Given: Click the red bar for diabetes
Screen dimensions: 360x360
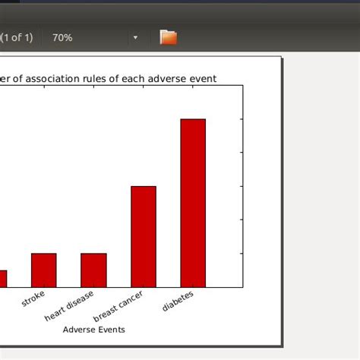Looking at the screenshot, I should [x=193, y=203].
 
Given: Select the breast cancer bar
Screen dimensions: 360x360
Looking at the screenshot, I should [x=144, y=236].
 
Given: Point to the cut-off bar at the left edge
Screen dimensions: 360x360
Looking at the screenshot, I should [x=3, y=279].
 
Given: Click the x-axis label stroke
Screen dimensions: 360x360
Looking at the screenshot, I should [x=34, y=298].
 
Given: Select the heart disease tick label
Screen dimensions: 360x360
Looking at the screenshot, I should [x=70, y=305].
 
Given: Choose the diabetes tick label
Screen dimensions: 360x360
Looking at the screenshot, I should [x=178, y=301].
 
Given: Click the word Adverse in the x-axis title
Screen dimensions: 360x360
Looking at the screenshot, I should [x=79, y=330].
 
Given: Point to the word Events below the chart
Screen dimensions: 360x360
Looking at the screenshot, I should [x=111, y=330].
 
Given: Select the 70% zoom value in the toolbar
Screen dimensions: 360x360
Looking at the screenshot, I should [x=62, y=37].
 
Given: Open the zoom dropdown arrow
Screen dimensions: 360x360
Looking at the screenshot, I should [x=136, y=37].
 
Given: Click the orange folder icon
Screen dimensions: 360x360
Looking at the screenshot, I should [x=168, y=36].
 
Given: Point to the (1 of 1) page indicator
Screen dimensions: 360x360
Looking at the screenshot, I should [x=17, y=37].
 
